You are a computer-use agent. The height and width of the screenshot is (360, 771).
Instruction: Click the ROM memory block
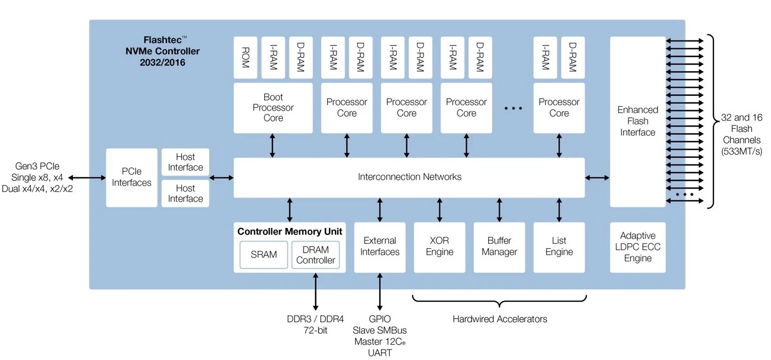click(245, 58)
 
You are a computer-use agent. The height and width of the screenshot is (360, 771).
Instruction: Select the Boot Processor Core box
click(273, 107)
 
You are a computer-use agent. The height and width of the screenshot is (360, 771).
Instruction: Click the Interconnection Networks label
click(409, 177)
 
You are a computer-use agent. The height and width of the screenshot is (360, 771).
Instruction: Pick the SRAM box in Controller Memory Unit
click(264, 255)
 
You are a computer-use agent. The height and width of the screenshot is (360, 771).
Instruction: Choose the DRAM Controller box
click(315, 255)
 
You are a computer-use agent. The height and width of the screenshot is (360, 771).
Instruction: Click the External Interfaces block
click(380, 247)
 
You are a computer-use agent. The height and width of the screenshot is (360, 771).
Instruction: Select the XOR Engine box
click(439, 247)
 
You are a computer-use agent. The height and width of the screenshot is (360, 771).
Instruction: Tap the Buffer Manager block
click(499, 247)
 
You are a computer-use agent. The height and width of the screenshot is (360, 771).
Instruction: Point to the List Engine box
click(559, 247)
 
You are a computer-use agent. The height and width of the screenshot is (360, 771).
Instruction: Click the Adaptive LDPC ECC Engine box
click(638, 247)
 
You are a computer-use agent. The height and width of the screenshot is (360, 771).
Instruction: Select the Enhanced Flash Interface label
click(638, 121)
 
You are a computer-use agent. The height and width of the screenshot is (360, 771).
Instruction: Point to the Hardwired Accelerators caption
click(499, 319)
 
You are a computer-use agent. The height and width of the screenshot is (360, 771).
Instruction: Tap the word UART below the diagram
click(380, 353)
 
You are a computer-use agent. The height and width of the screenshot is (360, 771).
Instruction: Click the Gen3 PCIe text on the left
click(37, 166)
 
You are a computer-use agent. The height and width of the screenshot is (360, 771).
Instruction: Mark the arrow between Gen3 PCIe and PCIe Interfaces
click(87, 178)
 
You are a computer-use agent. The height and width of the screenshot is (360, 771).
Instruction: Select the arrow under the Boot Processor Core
click(272, 145)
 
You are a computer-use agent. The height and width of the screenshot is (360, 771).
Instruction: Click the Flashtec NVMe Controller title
click(163, 51)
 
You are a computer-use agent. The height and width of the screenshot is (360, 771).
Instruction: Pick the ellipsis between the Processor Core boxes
click(513, 108)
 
